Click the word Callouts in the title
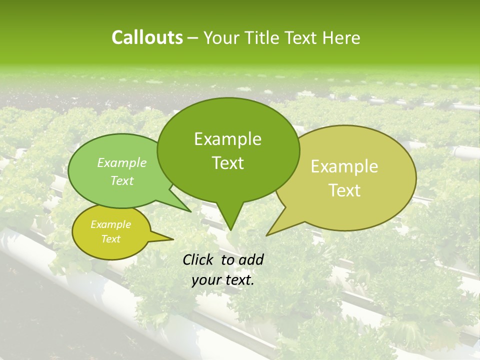click(x=147, y=37)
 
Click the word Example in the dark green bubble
click(x=227, y=139)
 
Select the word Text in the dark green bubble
click(x=227, y=163)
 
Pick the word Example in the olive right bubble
click(x=344, y=166)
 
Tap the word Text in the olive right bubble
click(x=344, y=190)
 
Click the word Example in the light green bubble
click(x=122, y=162)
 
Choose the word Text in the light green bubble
click(x=122, y=180)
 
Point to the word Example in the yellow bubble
click(x=110, y=224)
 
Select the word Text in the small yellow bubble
click(x=110, y=239)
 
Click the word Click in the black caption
click(x=198, y=259)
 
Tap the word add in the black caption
click(x=251, y=259)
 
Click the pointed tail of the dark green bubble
click(x=230, y=228)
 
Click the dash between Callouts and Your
click(x=193, y=38)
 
